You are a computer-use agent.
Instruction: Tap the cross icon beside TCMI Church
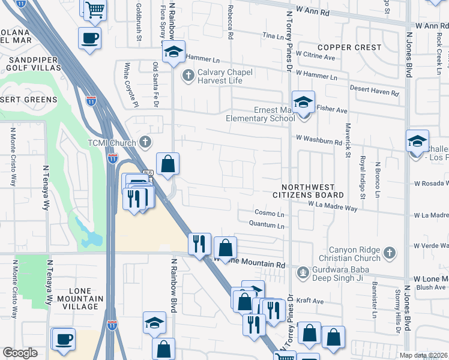145,142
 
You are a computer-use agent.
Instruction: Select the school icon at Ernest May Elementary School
304,102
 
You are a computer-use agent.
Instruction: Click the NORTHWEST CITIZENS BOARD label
308,191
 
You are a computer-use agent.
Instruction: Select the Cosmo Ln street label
269,213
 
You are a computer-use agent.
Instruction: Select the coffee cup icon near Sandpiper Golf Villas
89,38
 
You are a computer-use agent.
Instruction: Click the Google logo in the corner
20,353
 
